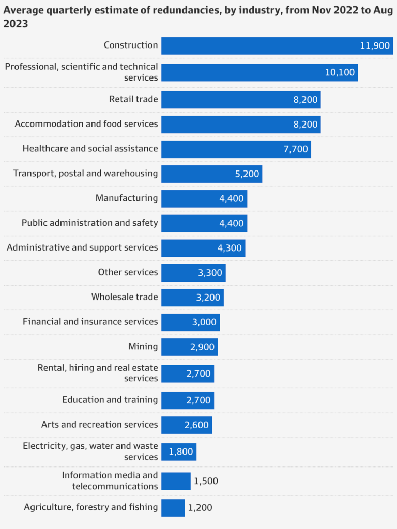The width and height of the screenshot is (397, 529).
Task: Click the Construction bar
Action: pyautogui.click(x=277, y=46)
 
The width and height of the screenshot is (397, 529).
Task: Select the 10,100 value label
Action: pyautogui.click(x=340, y=73)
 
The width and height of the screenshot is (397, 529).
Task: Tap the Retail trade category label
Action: pyautogui.click(x=133, y=99)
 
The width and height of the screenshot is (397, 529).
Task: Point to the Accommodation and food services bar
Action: pyautogui.click(x=241, y=125)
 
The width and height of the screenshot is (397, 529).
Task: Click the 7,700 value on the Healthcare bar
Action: pyautogui.click(x=296, y=149)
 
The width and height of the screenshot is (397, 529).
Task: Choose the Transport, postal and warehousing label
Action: pyautogui.click(x=85, y=173)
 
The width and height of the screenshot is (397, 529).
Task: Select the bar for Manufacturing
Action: pyautogui.click(x=204, y=199)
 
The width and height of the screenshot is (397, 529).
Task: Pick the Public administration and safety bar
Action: pyautogui.click(x=204, y=223)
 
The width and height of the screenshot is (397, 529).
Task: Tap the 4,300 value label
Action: pyautogui.click(x=230, y=248)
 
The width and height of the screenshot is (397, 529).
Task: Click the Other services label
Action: pyautogui.click(x=128, y=272)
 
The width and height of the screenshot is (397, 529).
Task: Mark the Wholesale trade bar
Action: pyautogui.click(x=192, y=298)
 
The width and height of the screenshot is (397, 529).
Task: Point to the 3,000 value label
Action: pyautogui.click(x=204, y=322)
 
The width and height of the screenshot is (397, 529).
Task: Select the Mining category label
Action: pyautogui.click(x=143, y=346)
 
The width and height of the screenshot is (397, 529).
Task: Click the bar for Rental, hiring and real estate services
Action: pyautogui.click(x=187, y=373)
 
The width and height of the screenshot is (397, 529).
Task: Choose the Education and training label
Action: pyautogui.click(x=110, y=400)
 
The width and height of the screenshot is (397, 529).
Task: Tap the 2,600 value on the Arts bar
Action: pyautogui.click(x=196, y=425)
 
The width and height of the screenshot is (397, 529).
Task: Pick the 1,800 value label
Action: pyautogui.click(x=180, y=452)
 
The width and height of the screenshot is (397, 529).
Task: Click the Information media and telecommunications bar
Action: pyautogui.click(x=176, y=481)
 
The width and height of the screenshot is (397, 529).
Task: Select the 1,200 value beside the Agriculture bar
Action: pyautogui.click(x=200, y=508)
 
